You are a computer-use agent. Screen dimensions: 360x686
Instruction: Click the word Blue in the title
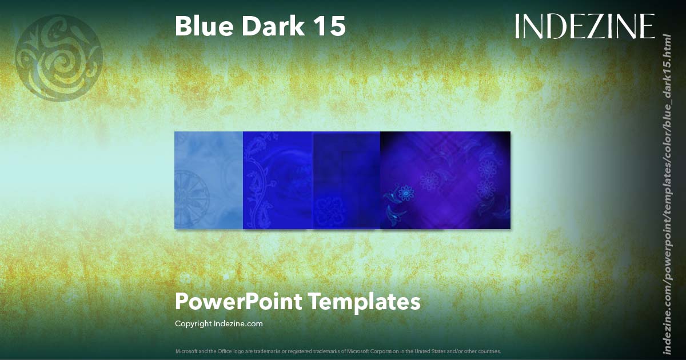[x=202, y=26]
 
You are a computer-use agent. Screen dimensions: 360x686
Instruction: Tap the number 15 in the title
[x=330, y=26]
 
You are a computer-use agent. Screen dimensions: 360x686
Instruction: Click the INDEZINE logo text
[x=584, y=27]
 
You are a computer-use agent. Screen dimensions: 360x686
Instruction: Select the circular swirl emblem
[x=58, y=58]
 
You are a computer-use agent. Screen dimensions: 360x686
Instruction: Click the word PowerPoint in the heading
[x=238, y=301]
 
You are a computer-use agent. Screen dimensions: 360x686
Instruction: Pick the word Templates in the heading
[x=365, y=301]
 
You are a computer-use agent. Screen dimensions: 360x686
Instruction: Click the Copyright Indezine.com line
[x=218, y=323]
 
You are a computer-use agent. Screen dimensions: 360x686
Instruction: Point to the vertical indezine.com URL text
[x=666, y=194]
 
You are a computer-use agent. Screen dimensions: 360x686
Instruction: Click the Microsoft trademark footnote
[x=338, y=351]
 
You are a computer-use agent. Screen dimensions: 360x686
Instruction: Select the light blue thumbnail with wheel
[x=209, y=180]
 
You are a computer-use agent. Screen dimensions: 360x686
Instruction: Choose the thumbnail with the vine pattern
[x=277, y=180]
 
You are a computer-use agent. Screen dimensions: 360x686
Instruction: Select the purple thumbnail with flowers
[x=445, y=180]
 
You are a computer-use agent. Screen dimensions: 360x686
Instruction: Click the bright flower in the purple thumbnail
[x=406, y=194]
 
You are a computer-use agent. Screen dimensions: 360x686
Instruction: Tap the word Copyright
[x=193, y=323]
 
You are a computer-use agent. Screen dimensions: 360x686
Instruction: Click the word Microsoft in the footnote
[x=186, y=351]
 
